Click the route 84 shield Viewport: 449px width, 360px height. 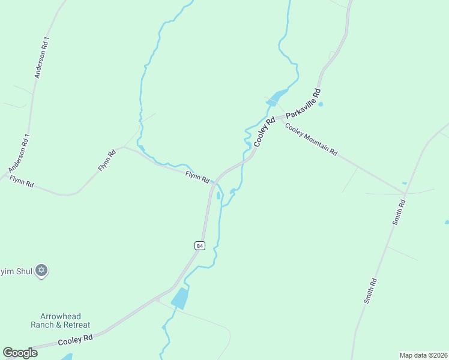coord(200,245)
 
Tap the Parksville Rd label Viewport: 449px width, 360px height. coord(304,103)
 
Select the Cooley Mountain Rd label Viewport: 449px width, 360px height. coord(311,140)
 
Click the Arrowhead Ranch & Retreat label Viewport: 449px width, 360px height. coord(60,320)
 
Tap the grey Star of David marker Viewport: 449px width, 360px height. coord(41,271)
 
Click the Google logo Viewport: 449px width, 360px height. coord(20,352)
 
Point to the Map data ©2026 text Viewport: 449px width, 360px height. coord(423,355)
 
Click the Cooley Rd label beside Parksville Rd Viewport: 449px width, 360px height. coord(264,131)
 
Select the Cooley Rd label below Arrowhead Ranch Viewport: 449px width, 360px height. coord(75,340)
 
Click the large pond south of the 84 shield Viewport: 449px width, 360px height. coord(179,298)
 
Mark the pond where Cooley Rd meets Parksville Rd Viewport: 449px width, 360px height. coord(276,98)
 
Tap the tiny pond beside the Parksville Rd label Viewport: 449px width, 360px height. coord(321,104)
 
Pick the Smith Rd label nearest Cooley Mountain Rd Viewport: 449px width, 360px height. coord(400,212)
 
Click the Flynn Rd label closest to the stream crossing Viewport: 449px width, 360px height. coord(197,177)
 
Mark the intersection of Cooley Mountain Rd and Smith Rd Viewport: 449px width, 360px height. coord(405,194)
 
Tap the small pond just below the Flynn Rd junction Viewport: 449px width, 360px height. coord(218,196)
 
